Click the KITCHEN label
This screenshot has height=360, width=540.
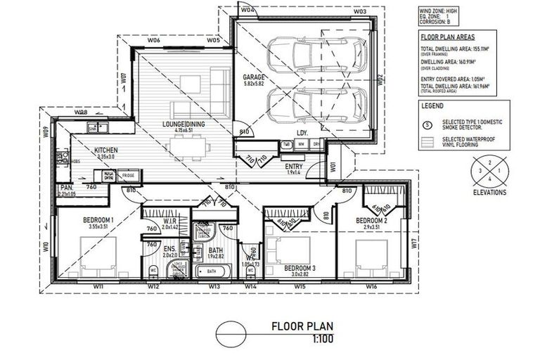(106, 150)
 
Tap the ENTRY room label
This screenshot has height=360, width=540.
(293, 166)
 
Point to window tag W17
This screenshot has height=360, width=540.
(414, 246)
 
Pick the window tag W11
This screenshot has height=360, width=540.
(98, 287)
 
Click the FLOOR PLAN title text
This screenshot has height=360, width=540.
(303, 326)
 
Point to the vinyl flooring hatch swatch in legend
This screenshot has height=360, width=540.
(427, 141)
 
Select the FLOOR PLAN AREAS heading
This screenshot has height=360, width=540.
(446, 35)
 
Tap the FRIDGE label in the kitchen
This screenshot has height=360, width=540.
(129, 175)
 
